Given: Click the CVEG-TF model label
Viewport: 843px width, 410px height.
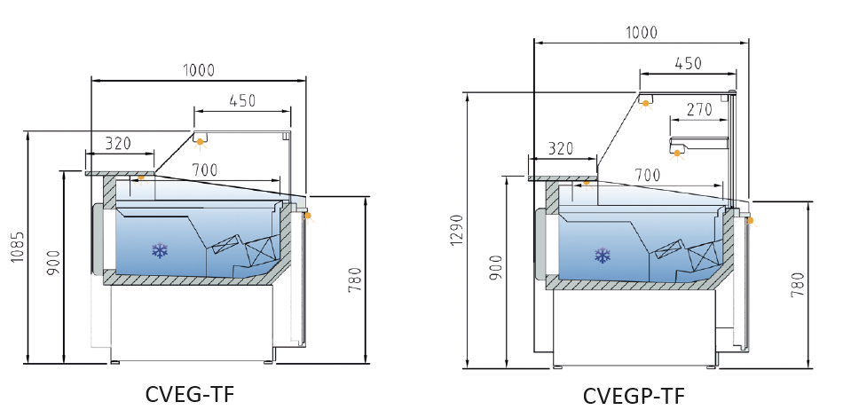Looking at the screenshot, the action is pos(190,394).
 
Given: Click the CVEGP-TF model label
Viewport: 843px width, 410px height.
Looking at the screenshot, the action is pos(634,397).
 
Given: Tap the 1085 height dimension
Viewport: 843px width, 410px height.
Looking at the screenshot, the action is pos(18,248).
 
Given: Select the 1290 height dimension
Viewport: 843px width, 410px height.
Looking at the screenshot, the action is pos(456,230).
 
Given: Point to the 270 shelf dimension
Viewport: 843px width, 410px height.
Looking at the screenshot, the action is pos(699,110).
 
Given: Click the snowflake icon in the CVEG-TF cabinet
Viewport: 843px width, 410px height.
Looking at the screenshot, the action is pos(160,250).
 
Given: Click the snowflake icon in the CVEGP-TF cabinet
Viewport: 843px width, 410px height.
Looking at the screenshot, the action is pos(603,256).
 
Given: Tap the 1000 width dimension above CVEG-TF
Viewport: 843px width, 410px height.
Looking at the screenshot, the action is pos(199,70).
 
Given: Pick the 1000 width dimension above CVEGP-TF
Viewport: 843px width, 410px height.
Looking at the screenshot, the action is pos(642,32).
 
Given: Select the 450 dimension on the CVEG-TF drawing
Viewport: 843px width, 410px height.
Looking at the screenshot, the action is pos(242,100).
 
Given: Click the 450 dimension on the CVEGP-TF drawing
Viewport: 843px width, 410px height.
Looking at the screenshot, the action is pos(689,63).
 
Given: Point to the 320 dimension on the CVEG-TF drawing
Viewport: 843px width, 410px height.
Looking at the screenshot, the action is pos(118,144).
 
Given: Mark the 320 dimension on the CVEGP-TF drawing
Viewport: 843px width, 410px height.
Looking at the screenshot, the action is pos(561,148).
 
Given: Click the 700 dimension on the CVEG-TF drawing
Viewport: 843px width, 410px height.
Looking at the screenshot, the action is pos(205,170).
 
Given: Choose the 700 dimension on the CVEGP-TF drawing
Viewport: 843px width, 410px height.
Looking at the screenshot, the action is pos(647,175).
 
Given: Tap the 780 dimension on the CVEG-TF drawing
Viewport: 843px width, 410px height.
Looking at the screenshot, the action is pos(355,280).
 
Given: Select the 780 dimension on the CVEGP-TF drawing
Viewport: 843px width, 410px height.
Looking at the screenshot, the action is pos(799,285).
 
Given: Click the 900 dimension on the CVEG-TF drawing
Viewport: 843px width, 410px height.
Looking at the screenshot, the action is pos(53,264).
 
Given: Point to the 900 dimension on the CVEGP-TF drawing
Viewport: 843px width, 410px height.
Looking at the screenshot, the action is pos(496,268).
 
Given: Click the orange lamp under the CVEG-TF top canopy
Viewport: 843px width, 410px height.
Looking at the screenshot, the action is pos(200,142).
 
